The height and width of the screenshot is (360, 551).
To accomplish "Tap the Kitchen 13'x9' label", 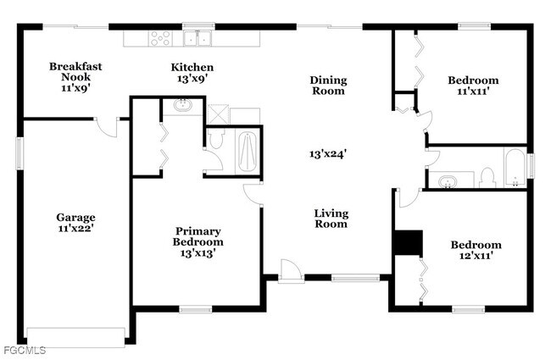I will pyautogui.click(x=192, y=73).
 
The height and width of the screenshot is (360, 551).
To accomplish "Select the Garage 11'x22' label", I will pyautogui.click(x=76, y=223).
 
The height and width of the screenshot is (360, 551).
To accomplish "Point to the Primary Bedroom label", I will pyautogui.click(x=198, y=236).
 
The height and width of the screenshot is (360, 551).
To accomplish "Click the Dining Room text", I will pyautogui.click(x=327, y=85).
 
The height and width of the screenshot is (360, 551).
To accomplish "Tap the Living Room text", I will pyautogui.click(x=331, y=219).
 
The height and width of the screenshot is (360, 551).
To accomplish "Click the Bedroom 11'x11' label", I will pyautogui.click(x=473, y=86).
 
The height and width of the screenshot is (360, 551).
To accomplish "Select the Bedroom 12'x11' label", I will pyautogui.click(x=475, y=251).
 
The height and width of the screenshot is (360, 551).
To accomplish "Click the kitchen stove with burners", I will pyautogui.click(x=160, y=37).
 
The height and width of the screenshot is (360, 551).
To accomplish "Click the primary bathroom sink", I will pyautogui.click(x=183, y=106).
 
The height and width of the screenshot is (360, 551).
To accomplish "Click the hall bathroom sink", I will pyautogui.click(x=449, y=180).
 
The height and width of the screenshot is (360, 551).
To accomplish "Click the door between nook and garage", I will pyautogui.click(x=106, y=125).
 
